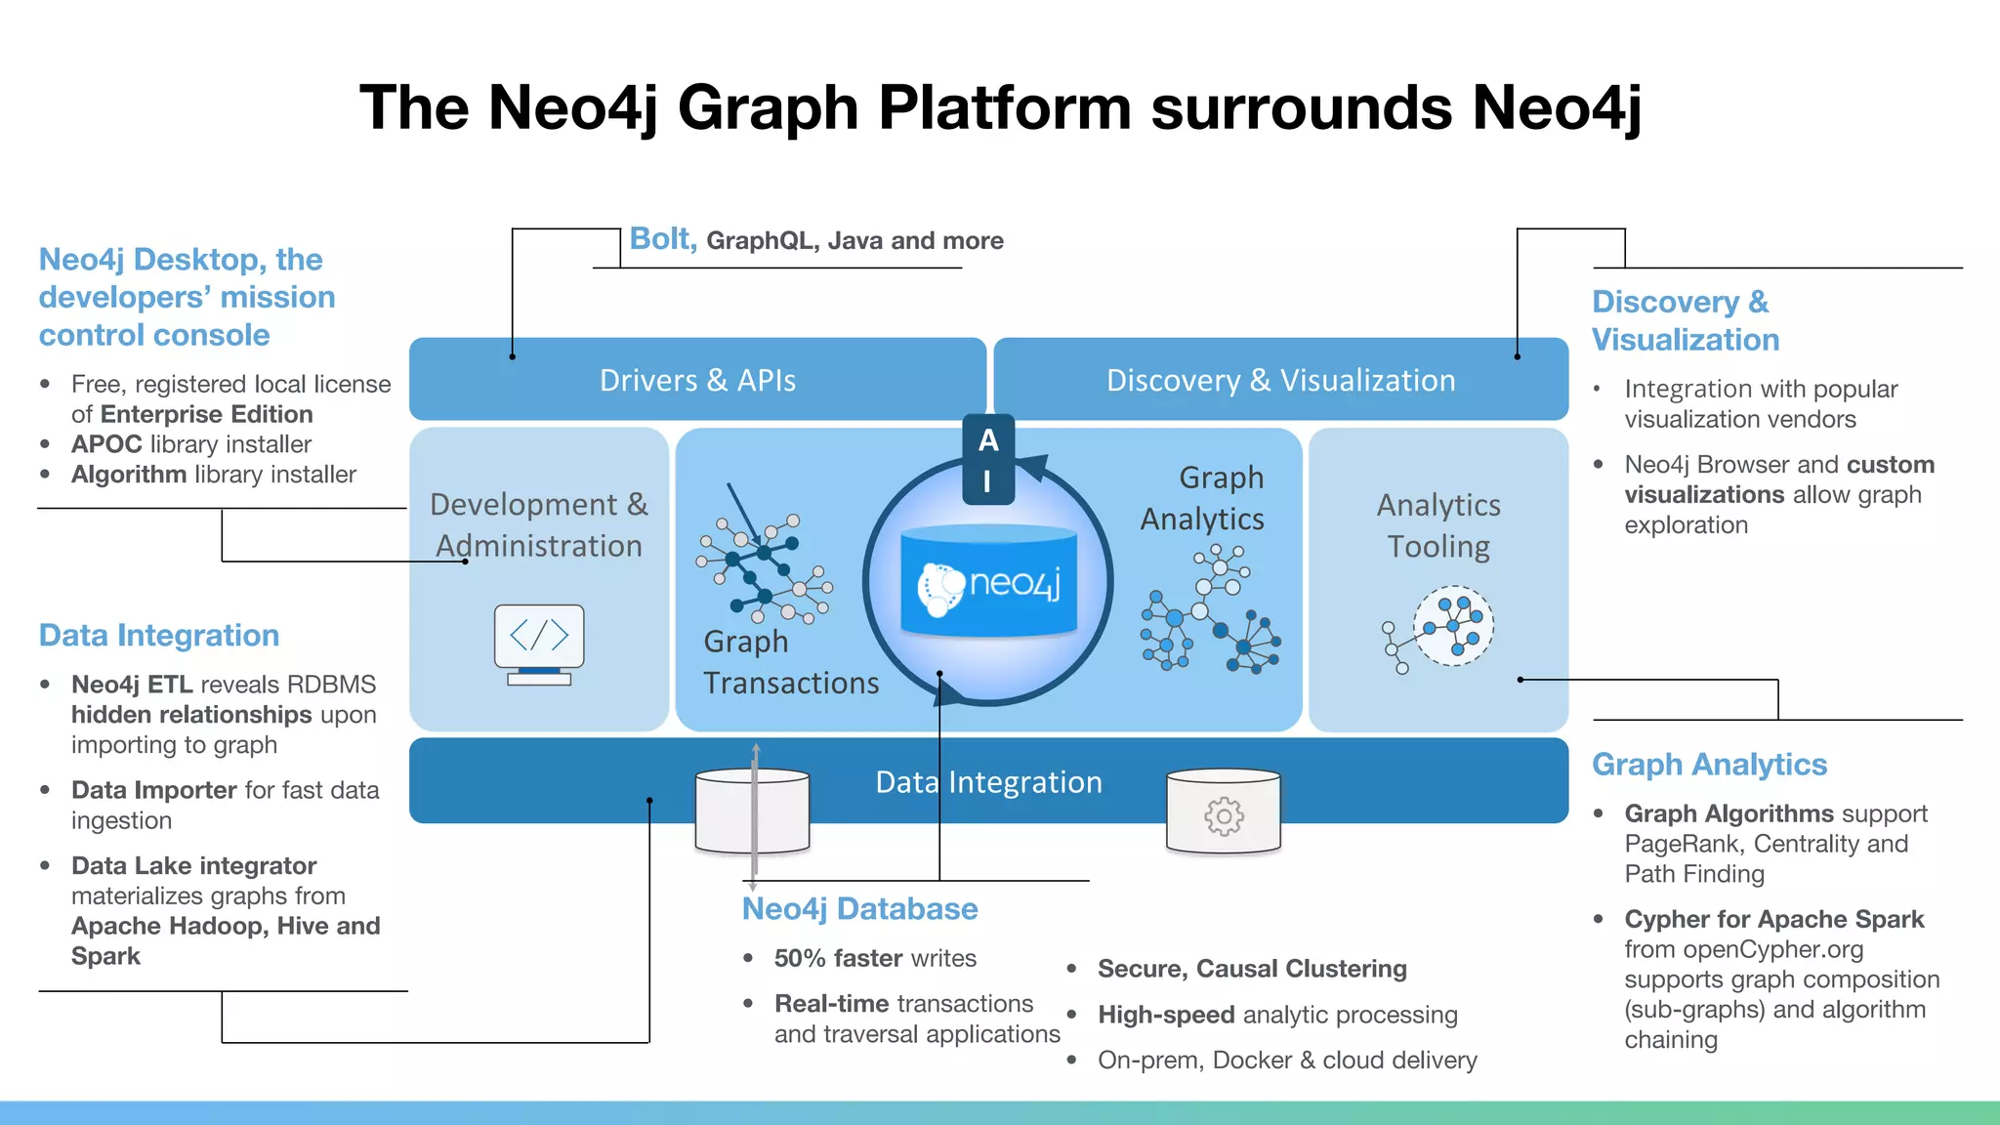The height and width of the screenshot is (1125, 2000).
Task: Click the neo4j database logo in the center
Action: tap(988, 584)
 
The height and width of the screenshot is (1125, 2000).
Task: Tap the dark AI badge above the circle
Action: tap(988, 459)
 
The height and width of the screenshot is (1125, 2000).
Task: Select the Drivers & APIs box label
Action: tap(697, 380)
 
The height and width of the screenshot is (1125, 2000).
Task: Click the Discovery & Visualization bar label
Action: tap(1280, 380)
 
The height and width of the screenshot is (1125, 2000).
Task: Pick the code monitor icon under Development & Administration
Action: tap(539, 644)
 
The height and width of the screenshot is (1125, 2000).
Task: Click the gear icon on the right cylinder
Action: tap(1224, 815)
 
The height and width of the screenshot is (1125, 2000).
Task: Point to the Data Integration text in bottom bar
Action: tap(988, 782)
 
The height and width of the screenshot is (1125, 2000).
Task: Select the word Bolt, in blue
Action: tap(662, 239)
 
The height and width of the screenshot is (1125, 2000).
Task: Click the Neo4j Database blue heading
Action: tap(859, 909)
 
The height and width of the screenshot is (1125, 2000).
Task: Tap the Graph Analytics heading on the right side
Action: tap(1709, 765)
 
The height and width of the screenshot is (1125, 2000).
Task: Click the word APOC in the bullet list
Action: tap(106, 444)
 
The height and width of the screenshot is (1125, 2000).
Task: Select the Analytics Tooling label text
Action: tap(1438, 525)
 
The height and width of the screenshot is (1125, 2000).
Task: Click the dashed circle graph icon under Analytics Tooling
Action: tap(1453, 626)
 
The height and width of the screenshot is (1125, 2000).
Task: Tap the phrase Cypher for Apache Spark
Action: tap(1773, 919)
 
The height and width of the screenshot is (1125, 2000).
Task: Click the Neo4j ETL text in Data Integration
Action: tap(132, 685)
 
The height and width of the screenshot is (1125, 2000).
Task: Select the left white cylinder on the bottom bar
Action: tap(752, 811)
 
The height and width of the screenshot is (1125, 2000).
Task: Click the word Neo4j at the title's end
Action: tap(1557, 107)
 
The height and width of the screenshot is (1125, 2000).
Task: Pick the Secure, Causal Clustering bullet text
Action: tap(1252, 969)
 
